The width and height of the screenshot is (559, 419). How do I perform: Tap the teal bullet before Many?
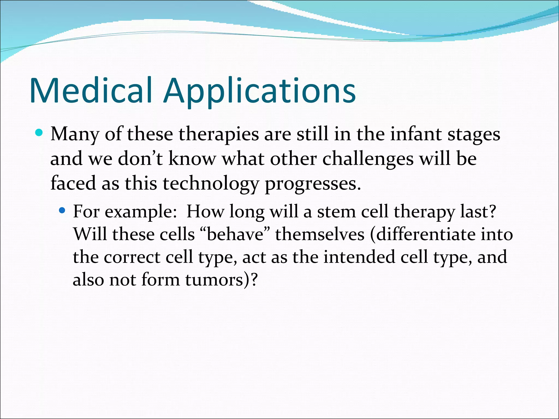coord(39,133)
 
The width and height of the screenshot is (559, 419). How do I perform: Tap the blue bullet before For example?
coord(62,211)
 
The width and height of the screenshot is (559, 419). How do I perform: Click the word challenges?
coord(368,159)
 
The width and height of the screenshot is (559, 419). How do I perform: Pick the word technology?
coord(210,184)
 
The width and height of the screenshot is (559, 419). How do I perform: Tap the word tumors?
coord(214,280)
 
